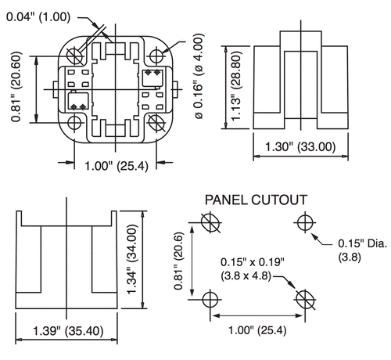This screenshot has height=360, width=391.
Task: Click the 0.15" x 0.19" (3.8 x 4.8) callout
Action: point(252,268)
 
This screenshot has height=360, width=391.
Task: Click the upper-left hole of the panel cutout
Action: point(209,224)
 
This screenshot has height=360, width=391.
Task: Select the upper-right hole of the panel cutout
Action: point(305,224)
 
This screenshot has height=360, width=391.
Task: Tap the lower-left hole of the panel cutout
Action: point(209,298)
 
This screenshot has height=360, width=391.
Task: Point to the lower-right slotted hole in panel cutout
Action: point(305,298)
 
